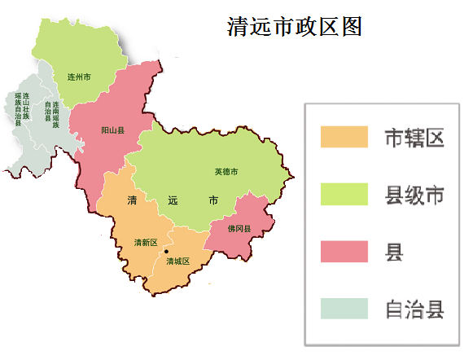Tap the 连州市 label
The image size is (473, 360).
click(78, 77)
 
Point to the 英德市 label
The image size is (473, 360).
click(226, 172)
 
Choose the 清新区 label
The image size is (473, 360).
click(146, 243)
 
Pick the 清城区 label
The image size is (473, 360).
click(177, 261)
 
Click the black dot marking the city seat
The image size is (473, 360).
click(166, 251)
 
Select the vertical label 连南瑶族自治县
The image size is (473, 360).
click(51, 110)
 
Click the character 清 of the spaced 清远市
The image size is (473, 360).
click(131, 200)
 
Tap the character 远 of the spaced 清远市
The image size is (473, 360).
click(172, 200)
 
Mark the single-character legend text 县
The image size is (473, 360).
click(394, 252)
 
